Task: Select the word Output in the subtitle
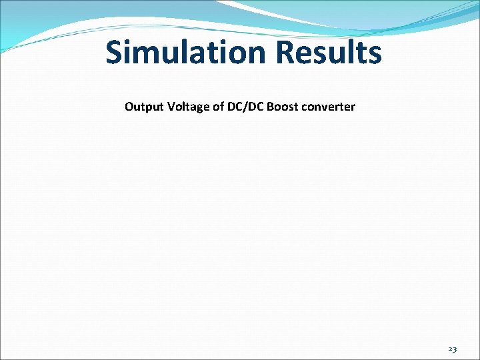tap(142, 107)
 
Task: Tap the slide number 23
tap(453, 349)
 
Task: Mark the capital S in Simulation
tap(115, 52)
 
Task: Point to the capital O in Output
tap(129, 107)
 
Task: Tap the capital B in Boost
tap(270, 107)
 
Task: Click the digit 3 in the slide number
tap(455, 349)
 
